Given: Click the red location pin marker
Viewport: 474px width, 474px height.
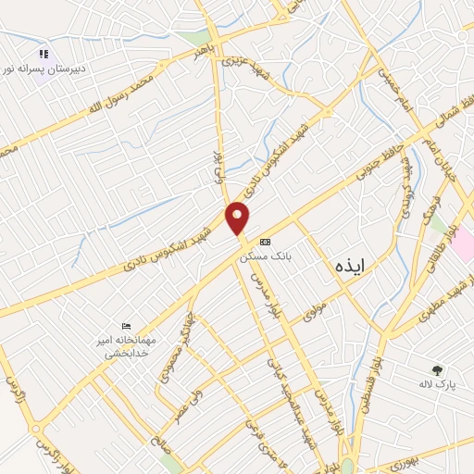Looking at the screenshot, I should click(238, 218).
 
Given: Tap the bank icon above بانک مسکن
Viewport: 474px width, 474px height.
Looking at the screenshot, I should click(266, 241).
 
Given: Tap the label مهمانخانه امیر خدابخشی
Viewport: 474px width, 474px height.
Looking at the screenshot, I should click(130, 346).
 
